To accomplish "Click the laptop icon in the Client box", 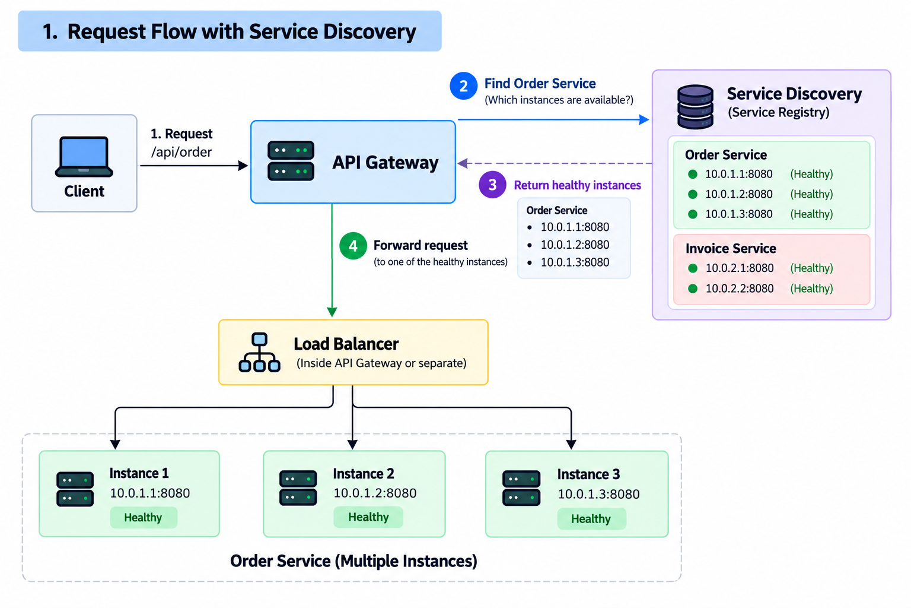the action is pyautogui.click(x=84, y=156).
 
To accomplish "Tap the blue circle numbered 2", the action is pyautogui.click(x=463, y=86).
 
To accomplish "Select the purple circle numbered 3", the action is pyautogui.click(x=492, y=185).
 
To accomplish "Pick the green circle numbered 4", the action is pyautogui.click(x=353, y=246).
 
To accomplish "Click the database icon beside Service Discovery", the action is pyautogui.click(x=695, y=107).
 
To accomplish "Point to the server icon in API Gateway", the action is pyautogui.click(x=291, y=161).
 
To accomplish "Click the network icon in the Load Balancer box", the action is pyautogui.click(x=259, y=352).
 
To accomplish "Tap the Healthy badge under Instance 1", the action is pyautogui.click(x=144, y=517).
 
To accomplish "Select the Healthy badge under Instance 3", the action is pyautogui.click(x=591, y=518).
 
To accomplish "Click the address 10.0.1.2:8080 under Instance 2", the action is pyautogui.click(x=375, y=493).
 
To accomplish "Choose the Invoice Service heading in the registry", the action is pyautogui.click(x=731, y=248).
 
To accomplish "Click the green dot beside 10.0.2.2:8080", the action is pyautogui.click(x=693, y=289).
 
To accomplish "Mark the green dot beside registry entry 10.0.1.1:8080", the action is pyautogui.click(x=693, y=175).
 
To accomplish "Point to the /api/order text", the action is pyautogui.click(x=181, y=153).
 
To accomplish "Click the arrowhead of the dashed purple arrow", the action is pyautogui.click(x=463, y=163).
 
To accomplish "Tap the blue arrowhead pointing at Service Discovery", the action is pyautogui.click(x=644, y=120).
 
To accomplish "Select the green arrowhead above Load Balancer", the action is pyautogui.click(x=332, y=312).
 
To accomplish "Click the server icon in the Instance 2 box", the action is pyautogui.click(x=298, y=488).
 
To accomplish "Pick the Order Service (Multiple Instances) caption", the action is pyautogui.click(x=354, y=561).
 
